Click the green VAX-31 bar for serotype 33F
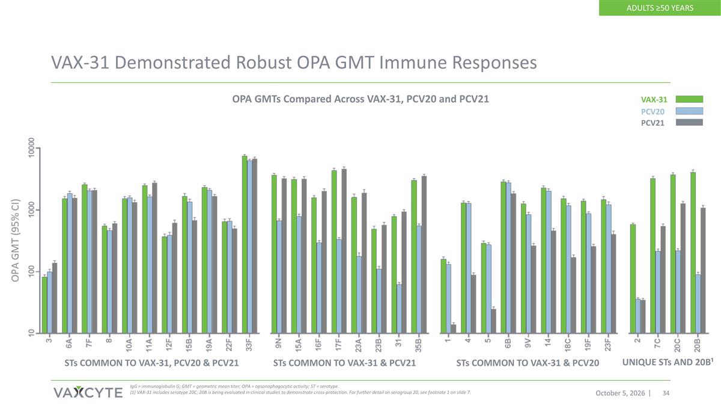[x=245, y=245]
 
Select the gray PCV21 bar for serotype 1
[x=454, y=329]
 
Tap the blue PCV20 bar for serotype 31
[x=399, y=309]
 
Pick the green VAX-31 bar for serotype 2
[x=633, y=278]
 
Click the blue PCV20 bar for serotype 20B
[x=698, y=304]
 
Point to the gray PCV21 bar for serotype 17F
[x=344, y=251]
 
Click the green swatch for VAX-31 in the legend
[x=689, y=99]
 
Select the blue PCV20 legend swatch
[x=689, y=111]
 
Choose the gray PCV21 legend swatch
[x=689, y=123]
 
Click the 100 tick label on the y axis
[x=31, y=272]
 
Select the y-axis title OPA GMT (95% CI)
[x=16, y=241]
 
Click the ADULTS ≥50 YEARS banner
[x=660, y=8]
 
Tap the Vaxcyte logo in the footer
[x=88, y=392]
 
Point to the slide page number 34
[x=666, y=393]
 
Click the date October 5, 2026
[x=620, y=393]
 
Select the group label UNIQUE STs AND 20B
[x=666, y=362]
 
